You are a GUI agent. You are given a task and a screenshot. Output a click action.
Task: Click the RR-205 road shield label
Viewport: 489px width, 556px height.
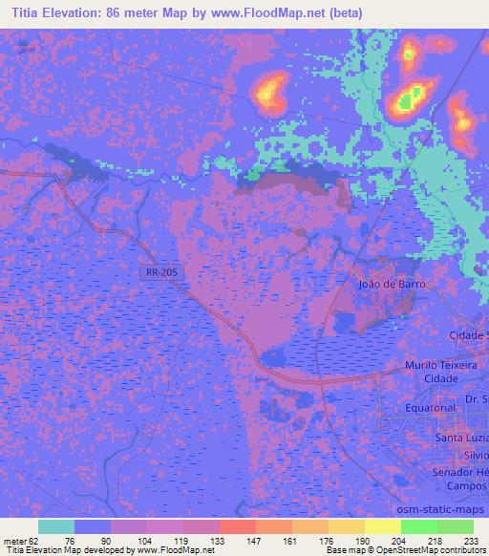[160, 272]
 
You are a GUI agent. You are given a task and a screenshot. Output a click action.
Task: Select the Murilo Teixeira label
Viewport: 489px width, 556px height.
[438, 365]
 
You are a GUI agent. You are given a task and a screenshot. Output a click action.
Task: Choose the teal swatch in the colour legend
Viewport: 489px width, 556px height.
[56, 526]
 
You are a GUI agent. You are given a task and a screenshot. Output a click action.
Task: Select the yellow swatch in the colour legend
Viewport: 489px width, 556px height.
[383, 526]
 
